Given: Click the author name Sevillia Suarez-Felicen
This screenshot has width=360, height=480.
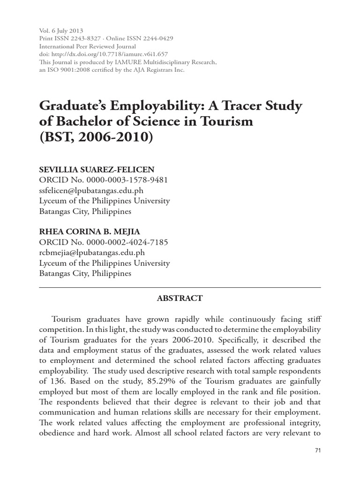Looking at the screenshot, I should click(x=98, y=169).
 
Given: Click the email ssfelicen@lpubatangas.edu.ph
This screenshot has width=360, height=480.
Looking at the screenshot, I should click(x=91, y=190).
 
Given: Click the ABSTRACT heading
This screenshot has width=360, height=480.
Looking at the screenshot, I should click(x=180, y=298).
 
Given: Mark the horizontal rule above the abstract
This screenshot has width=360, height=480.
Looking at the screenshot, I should click(x=180, y=287).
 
